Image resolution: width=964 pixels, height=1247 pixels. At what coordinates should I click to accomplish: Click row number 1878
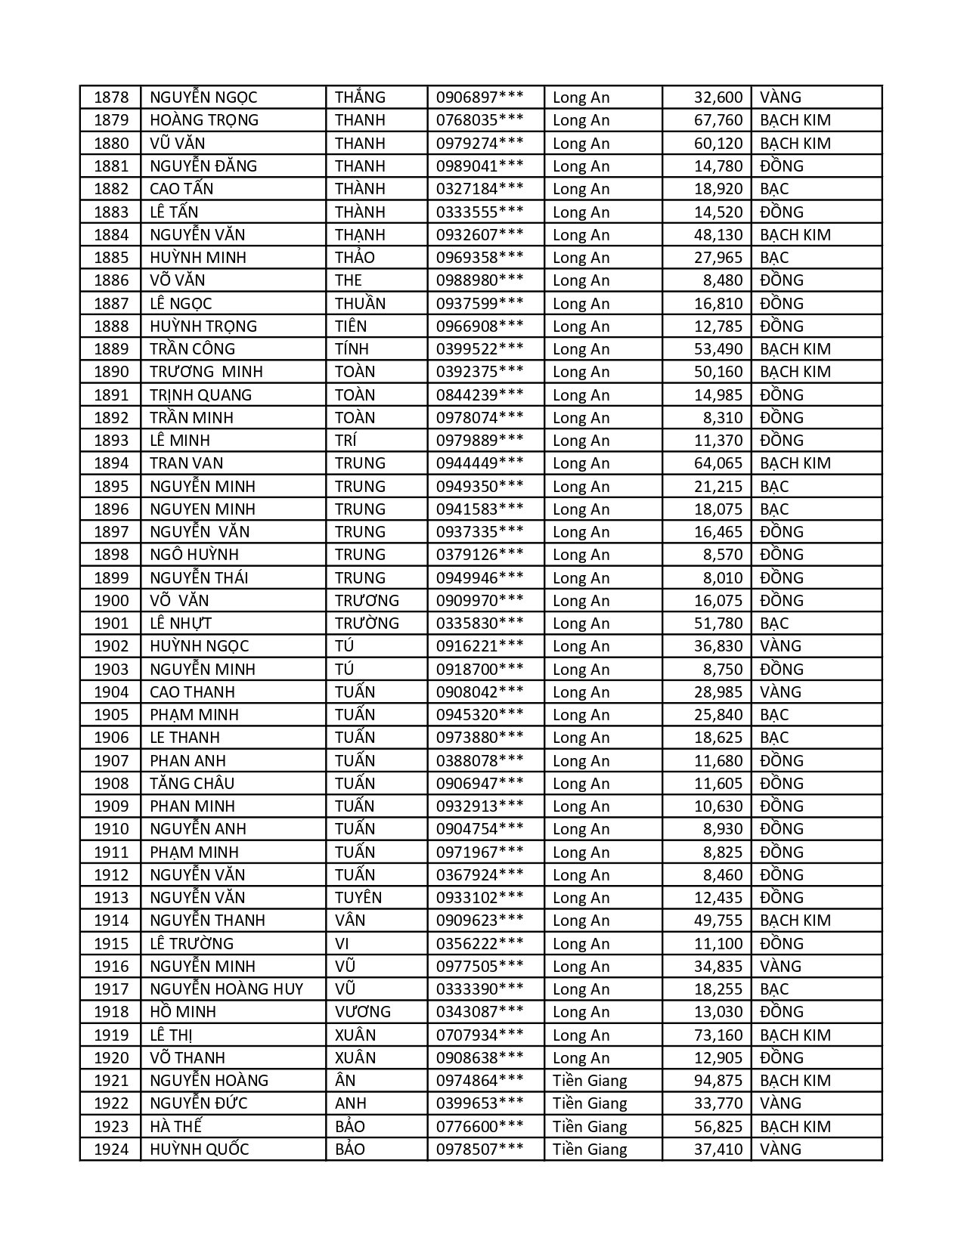111,97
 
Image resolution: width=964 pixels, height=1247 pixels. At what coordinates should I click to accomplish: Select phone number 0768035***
479,120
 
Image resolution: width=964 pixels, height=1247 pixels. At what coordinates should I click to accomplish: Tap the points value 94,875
718,1081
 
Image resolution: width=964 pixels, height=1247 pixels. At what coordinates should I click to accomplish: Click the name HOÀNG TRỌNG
204,120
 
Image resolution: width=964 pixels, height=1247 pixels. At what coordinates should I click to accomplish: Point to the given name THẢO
355,258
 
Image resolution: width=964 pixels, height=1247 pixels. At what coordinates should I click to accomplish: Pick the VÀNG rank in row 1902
780,646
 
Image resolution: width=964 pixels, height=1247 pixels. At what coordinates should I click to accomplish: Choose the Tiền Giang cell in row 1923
590,1127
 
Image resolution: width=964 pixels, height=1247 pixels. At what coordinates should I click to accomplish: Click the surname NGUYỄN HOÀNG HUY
226,989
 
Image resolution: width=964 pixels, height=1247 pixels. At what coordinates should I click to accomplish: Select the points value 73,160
718,1035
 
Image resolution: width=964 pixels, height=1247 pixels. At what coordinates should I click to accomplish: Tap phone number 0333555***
479,212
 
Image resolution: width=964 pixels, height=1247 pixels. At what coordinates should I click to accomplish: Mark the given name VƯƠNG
363,1012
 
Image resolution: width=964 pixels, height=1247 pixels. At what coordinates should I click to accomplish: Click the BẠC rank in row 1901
774,623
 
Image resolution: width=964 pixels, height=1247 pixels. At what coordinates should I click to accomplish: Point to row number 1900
111,601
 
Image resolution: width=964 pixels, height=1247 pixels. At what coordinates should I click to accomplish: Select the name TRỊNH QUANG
200,395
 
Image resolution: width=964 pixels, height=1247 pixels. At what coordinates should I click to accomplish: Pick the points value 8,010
723,578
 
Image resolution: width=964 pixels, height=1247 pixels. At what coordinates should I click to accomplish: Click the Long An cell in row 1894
581,463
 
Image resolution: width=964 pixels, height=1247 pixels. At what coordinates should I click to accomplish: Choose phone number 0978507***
479,1150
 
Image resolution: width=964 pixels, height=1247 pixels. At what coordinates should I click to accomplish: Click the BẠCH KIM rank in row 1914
795,921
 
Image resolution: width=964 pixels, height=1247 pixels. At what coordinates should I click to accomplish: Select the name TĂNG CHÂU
192,784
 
